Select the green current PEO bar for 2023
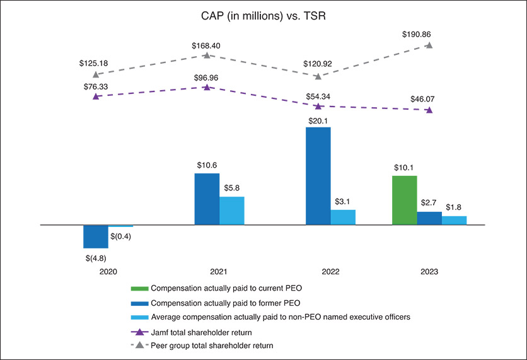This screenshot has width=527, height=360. [x=405, y=200]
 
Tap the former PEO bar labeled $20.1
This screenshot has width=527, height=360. [x=318, y=176]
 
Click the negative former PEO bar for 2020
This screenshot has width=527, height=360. [x=96, y=236]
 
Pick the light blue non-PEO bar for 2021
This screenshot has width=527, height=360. [x=231, y=211]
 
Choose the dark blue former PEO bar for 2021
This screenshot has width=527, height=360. [x=207, y=199]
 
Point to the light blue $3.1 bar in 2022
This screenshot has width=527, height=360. [x=343, y=217]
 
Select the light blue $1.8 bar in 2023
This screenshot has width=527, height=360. [x=454, y=220]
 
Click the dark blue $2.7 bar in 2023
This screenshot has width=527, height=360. [x=429, y=218]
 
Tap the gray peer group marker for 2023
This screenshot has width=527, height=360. [x=429, y=45]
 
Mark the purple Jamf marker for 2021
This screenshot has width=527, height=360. [x=207, y=86]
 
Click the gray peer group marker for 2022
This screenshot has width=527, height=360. [x=318, y=76]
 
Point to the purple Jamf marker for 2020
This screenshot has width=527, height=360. [x=96, y=96]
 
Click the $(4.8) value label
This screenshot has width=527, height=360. [x=96, y=257]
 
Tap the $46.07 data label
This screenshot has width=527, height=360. [x=418, y=99]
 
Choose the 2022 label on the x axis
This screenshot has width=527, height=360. [x=330, y=272]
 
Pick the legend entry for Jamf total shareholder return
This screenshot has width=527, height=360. [x=208, y=331]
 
